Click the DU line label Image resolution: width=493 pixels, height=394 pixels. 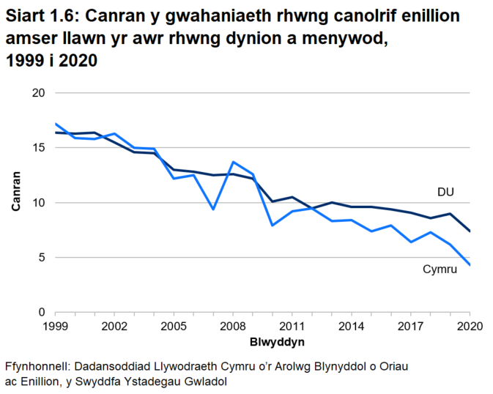[445, 193]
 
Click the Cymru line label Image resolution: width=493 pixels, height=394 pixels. [440, 270]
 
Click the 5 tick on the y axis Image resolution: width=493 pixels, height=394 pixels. [42, 258]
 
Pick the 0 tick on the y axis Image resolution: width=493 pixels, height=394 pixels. [42, 313]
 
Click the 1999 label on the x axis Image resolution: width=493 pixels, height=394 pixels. [55, 326]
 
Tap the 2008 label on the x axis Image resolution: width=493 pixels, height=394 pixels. [232, 326]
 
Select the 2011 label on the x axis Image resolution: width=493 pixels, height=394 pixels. [292, 326]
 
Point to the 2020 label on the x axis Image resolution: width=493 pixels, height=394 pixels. [468, 326]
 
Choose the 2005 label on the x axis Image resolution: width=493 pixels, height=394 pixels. [174, 326]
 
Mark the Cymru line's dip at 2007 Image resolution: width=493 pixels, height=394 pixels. [213, 209]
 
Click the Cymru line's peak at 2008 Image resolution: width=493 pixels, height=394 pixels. [233, 162]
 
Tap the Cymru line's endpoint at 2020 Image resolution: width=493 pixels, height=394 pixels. [469, 265]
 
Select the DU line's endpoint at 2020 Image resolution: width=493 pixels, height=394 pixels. [469, 231]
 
